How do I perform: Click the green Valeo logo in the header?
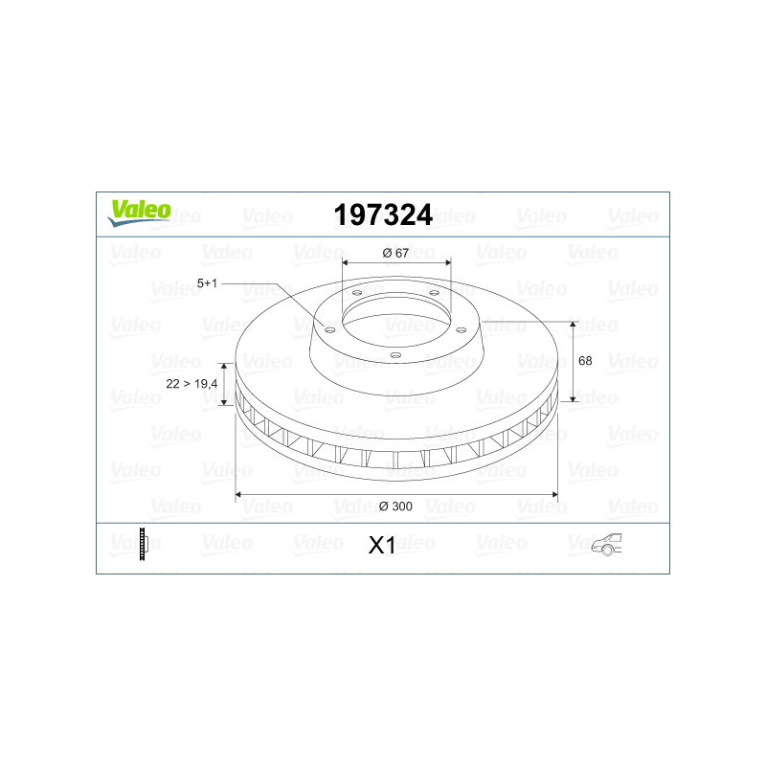coord(139,213)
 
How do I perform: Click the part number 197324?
coord(383,214)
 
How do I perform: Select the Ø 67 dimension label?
coord(395,253)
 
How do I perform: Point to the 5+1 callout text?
coord(207,282)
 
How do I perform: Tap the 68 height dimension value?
coord(585,361)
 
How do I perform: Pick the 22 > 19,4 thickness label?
coord(191,384)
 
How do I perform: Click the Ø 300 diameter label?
coord(395,507)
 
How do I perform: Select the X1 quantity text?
coord(382,545)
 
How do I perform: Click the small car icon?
coord(606,544)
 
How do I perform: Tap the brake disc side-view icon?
coord(143,544)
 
